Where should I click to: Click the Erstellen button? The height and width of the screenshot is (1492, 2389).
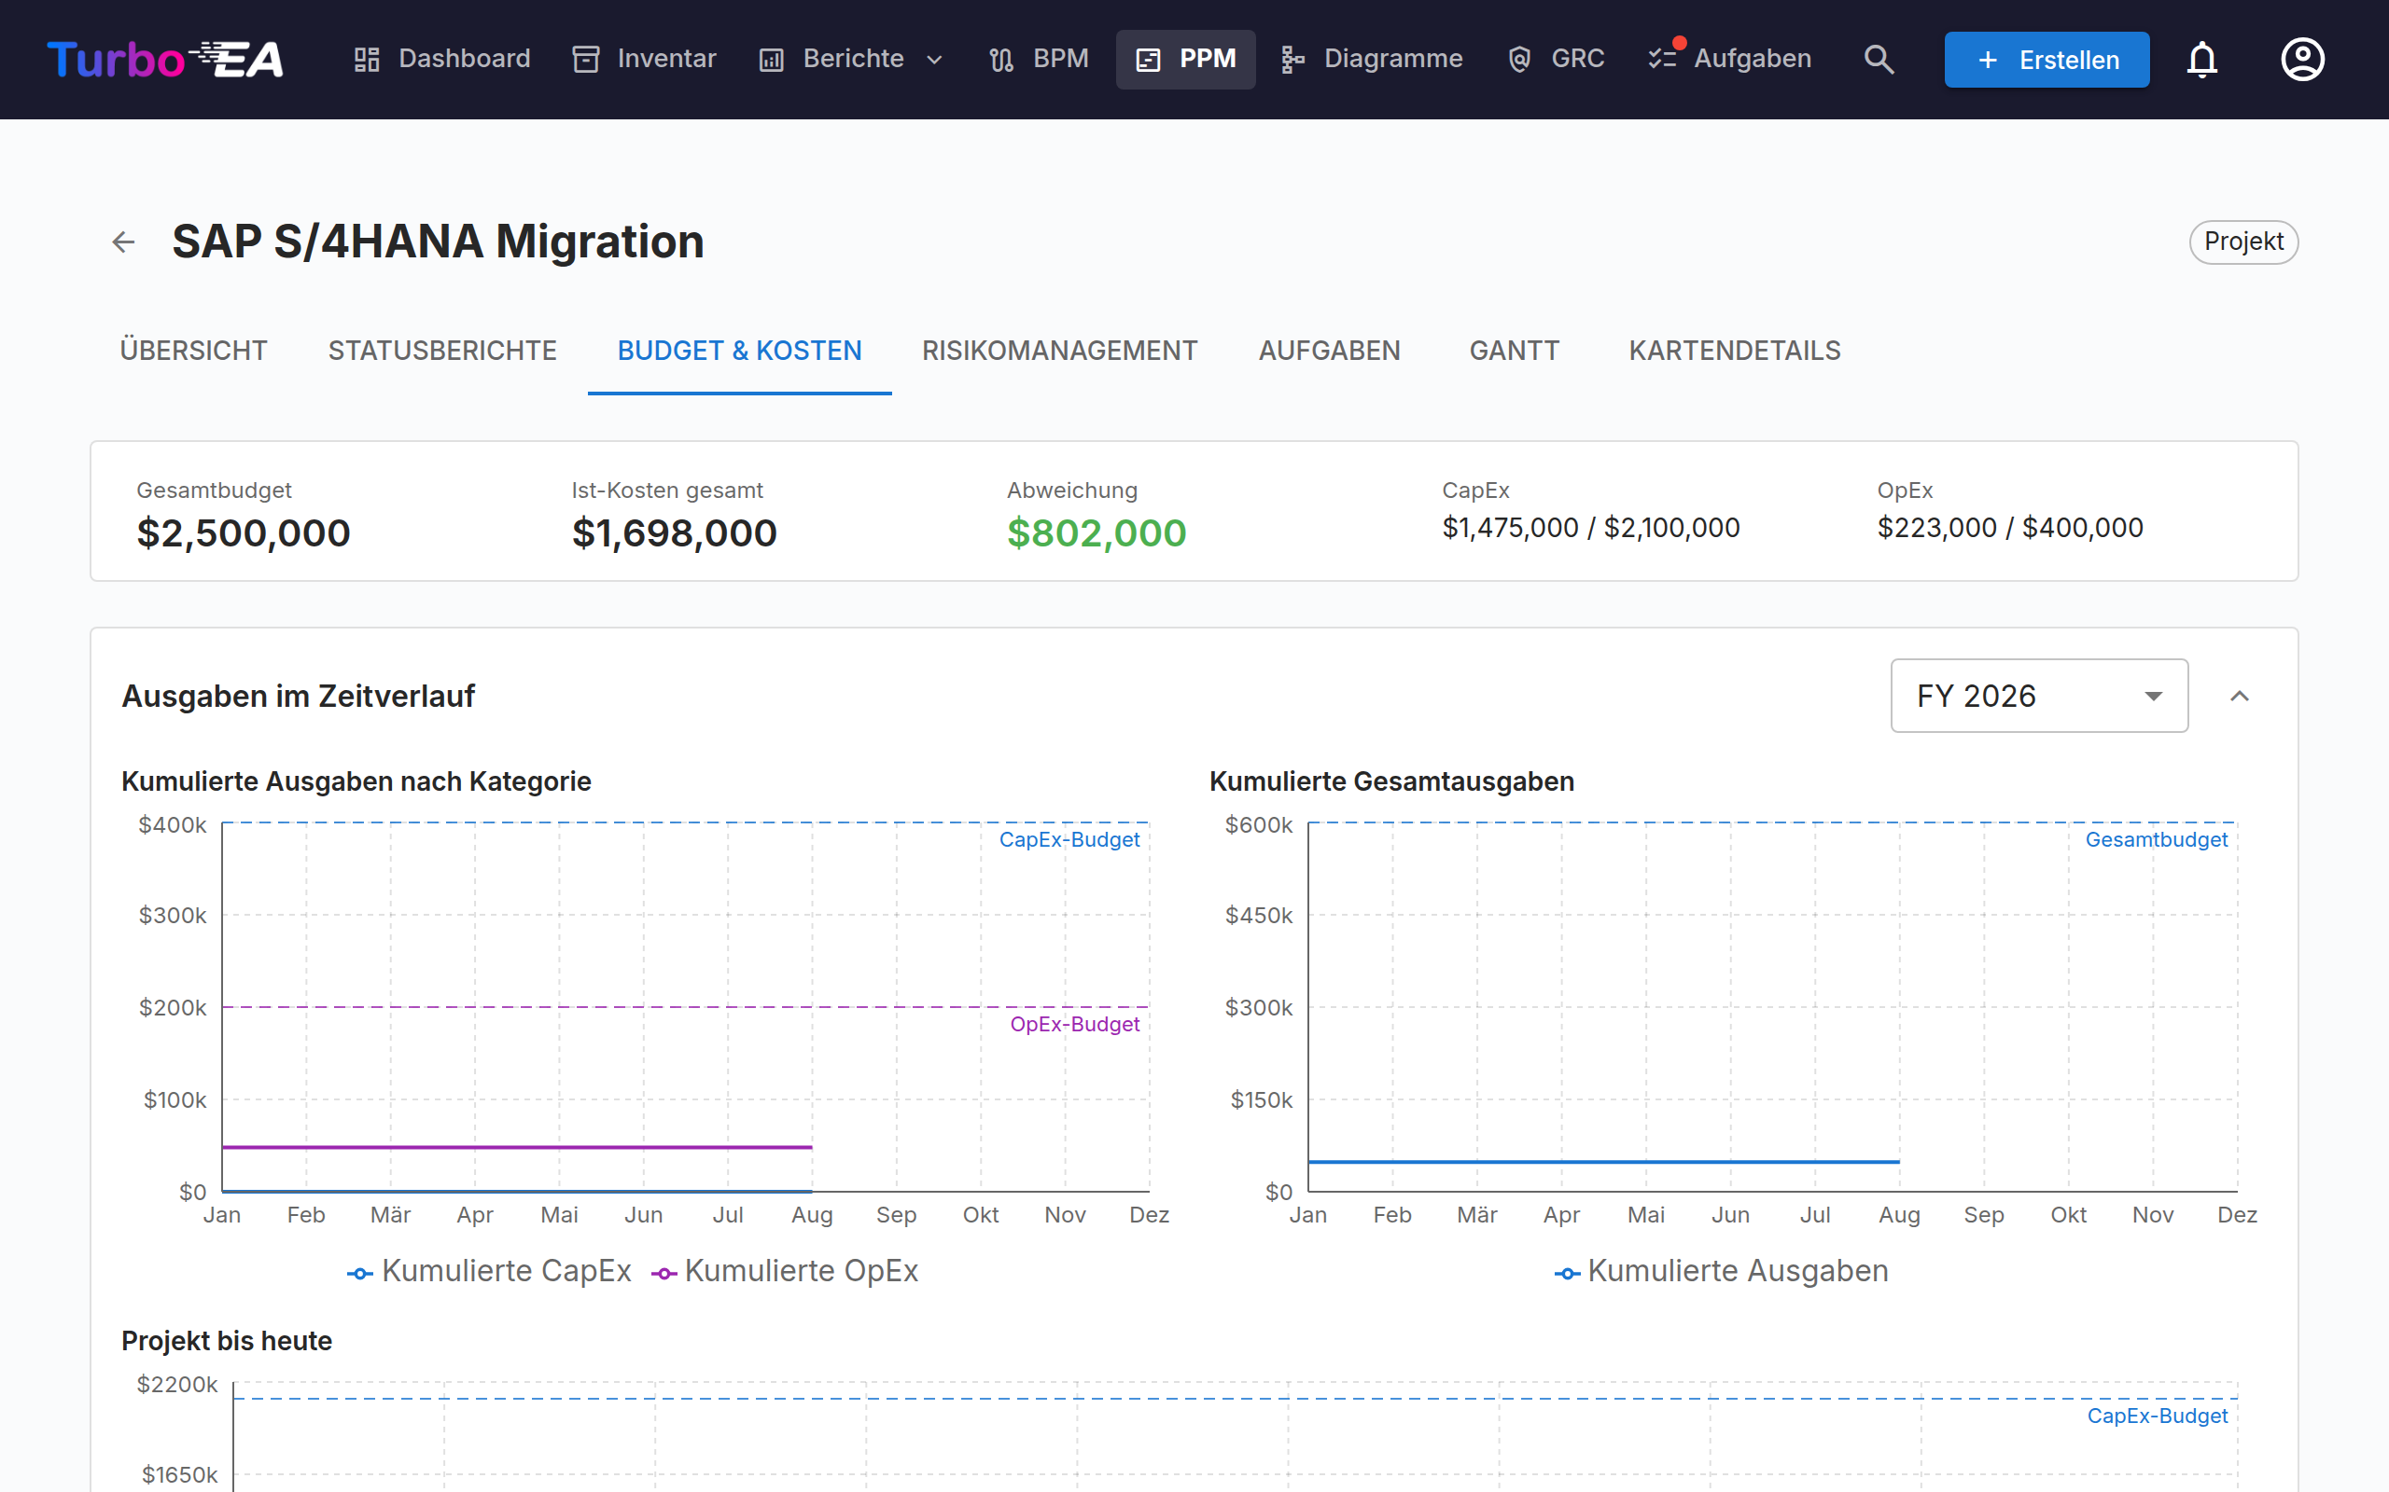[x=2047, y=59]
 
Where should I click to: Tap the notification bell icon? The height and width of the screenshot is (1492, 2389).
[x=2201, y=59]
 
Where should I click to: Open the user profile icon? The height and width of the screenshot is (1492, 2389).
[x=2302, y=59]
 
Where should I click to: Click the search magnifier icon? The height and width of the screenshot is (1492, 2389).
[x=1879, y=59]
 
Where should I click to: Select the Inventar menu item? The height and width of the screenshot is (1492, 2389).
[x=645, y=59]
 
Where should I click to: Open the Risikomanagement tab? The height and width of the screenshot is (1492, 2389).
[x=1059, y=351]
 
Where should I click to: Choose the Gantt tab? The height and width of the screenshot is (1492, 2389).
[x=1515, y=351]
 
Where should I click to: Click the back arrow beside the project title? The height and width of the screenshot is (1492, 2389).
[x=123, y=242]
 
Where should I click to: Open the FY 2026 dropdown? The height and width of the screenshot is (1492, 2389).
[x=2038, y=696]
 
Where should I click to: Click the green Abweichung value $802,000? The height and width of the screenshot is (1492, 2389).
[x=1096, y=532]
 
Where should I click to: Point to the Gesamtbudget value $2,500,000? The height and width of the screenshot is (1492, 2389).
[x=244, y=532]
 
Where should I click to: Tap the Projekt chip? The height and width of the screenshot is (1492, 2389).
[x=2242, y=242]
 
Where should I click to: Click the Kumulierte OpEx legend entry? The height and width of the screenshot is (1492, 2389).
[x=785, y=1271]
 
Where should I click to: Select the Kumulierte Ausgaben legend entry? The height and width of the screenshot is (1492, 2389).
[x=1721, y=1271]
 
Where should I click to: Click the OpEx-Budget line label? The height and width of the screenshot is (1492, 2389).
[x=1074, y=1024]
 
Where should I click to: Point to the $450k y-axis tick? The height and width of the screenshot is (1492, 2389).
[x=1259, y=916]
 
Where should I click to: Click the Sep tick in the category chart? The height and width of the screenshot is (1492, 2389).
[x=897, y=1215]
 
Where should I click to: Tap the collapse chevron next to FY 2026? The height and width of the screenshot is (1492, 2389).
[x=2239, y=696]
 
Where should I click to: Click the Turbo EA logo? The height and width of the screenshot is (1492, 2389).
[x=166, y=59]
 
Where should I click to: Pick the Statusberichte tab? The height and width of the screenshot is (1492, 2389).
[x=442, y=351]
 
